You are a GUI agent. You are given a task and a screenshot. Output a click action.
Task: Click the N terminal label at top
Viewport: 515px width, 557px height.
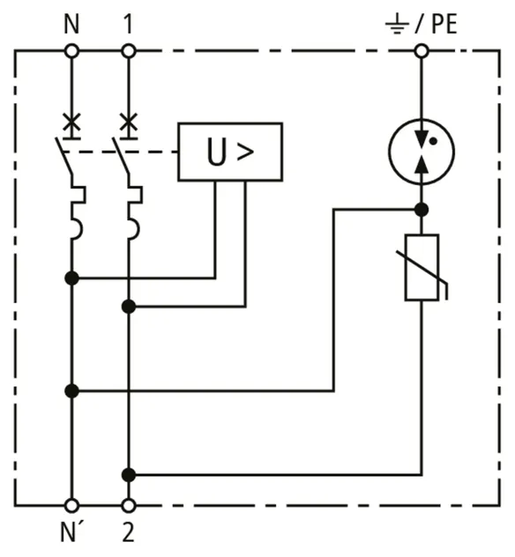(71, 24)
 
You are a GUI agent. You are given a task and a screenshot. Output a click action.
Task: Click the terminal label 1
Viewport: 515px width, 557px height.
(128, 24)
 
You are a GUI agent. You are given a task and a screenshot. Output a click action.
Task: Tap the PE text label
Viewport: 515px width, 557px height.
(444, 24)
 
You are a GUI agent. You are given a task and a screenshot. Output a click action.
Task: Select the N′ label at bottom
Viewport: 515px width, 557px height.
(73, 532)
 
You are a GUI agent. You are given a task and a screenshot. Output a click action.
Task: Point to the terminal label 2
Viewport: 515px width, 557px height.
(128, 532)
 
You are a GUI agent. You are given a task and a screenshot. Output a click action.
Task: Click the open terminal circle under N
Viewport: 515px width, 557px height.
(71, 51)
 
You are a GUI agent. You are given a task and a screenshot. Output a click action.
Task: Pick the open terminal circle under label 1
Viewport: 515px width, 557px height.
(129, 51)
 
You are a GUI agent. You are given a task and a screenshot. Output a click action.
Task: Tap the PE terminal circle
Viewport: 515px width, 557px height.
(422, 51)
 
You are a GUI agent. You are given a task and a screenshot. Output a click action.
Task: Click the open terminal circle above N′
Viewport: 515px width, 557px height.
(71, 505)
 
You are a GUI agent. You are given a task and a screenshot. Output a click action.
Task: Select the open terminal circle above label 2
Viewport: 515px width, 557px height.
(129, 505)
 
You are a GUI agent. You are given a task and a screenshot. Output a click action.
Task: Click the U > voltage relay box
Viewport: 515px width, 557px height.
(230, 152)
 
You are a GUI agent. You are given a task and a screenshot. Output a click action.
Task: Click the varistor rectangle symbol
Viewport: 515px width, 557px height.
(422, 268)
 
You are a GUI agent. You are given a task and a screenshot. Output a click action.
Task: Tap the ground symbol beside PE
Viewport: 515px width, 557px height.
(397, 26)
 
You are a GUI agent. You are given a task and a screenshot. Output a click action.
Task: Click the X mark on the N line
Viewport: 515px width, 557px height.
(71, 122)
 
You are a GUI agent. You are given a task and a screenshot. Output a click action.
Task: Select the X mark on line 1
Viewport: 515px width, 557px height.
(129, 122)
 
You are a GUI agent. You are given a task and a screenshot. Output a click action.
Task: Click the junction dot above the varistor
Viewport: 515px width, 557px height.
(422, 210)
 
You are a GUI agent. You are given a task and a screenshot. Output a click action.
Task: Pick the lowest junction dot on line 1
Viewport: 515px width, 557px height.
(129, 474)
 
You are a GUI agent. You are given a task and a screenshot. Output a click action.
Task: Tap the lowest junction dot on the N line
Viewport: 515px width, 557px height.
(71, 390)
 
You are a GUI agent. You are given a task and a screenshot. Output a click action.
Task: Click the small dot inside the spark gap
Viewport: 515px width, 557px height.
(433, 141)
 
